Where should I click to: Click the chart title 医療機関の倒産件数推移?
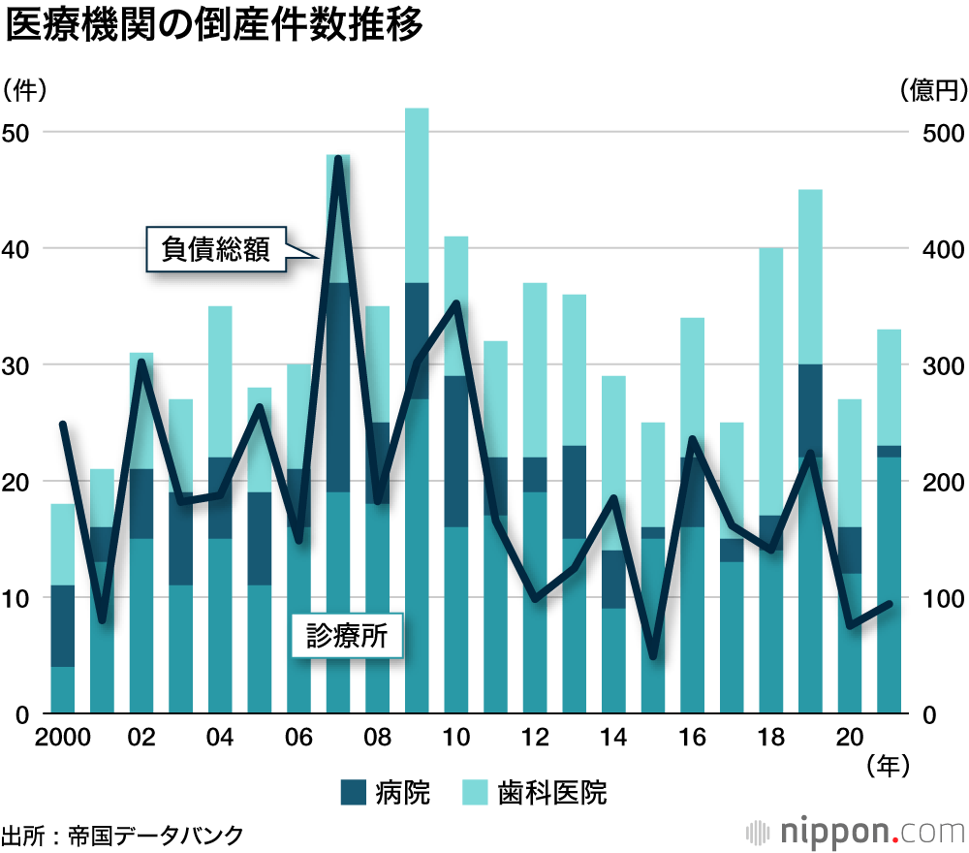[214, 27]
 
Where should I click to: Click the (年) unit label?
[889, 766]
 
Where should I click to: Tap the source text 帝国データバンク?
[154, 834]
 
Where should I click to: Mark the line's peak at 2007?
[338, 157]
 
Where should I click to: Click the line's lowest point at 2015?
[653, 657]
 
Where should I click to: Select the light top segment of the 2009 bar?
[417, 195]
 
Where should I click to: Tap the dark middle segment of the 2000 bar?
[63, 626]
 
